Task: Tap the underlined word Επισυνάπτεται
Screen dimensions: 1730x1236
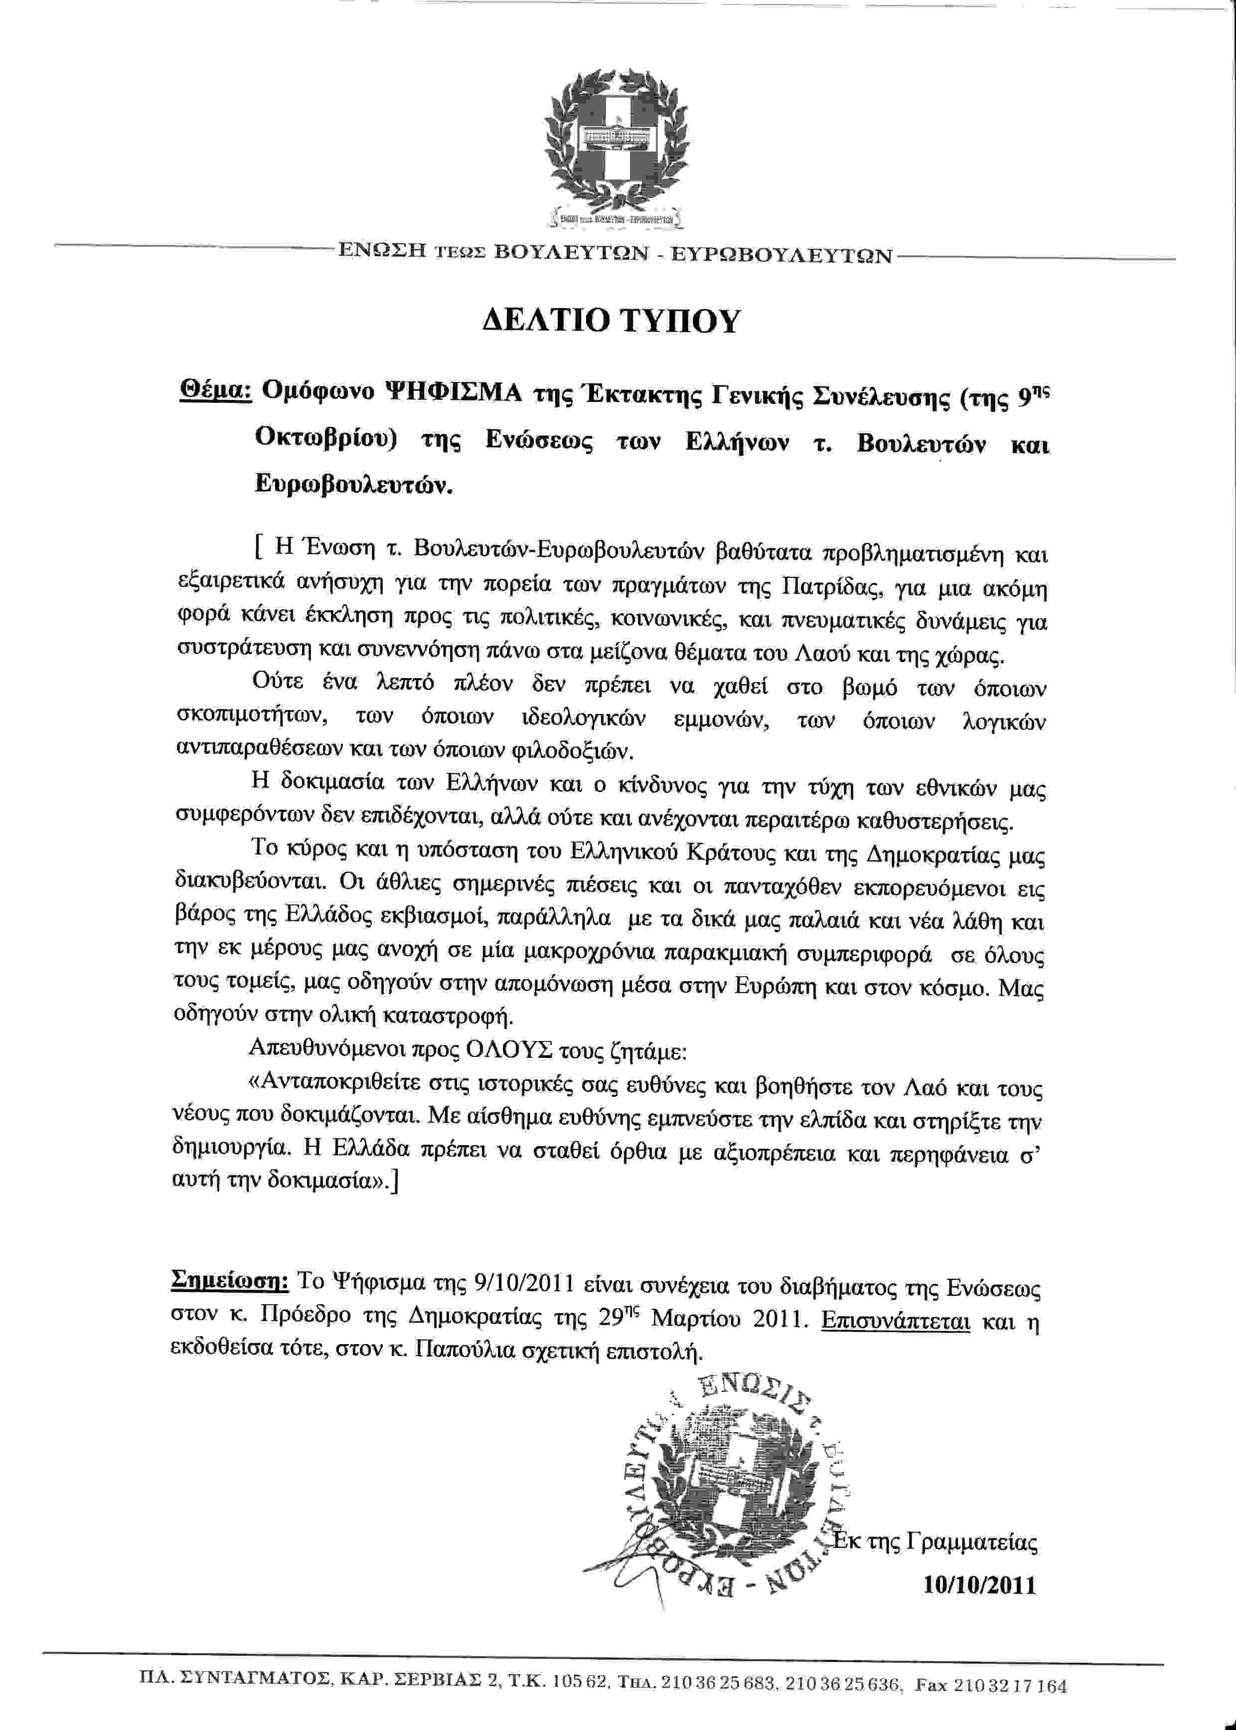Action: coord(896,1320)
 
